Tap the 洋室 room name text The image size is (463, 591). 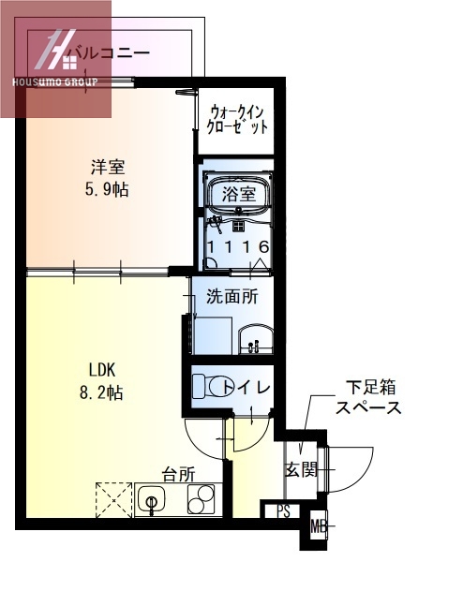click(109, 169)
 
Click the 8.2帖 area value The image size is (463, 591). click(102, 393)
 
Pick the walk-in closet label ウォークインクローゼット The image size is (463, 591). click(238, 116)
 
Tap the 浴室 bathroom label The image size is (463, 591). click(239, 195)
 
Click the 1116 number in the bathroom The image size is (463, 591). click(239, 246)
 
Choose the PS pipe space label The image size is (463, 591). click(282, 511)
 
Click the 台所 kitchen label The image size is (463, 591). click(178, 474)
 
